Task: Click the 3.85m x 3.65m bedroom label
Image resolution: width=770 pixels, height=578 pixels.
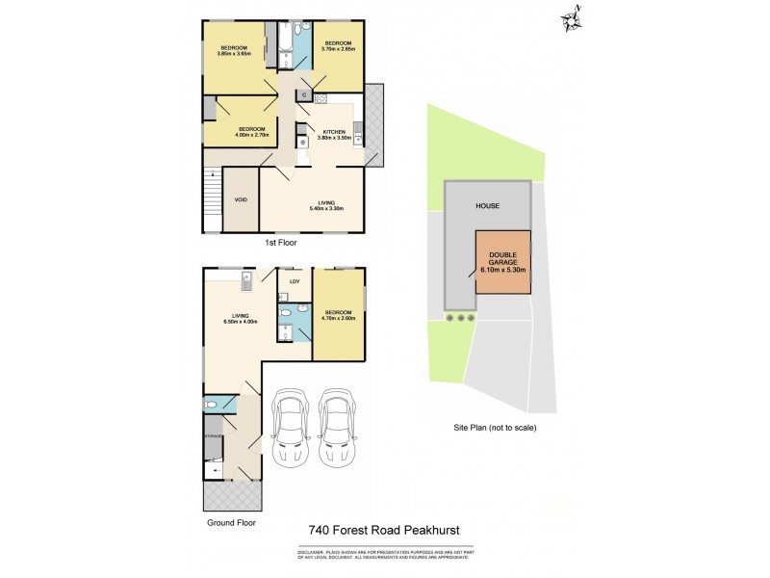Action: [x=234, y=53]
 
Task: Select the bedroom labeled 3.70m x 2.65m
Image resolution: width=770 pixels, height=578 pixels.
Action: [x=340, y=45]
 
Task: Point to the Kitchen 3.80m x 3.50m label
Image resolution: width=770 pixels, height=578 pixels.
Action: [x=333, y=135]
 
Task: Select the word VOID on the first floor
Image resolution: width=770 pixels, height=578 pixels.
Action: [x=241, y=200]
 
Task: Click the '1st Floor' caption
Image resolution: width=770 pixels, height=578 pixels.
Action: [x=282, y=244]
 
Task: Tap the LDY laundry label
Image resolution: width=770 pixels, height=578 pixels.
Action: [x=295, y=281]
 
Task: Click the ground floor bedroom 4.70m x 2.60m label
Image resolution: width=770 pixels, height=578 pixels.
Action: [x=339, y=315]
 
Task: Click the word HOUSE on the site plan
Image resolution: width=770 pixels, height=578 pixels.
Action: [x=487, y=206]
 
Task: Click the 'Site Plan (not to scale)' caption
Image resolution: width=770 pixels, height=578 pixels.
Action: [x=495, y=427]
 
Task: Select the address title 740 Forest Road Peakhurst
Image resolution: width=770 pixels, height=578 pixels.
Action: [x=384, y=530]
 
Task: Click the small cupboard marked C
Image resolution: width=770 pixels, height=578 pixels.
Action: [x=303, y=94]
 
